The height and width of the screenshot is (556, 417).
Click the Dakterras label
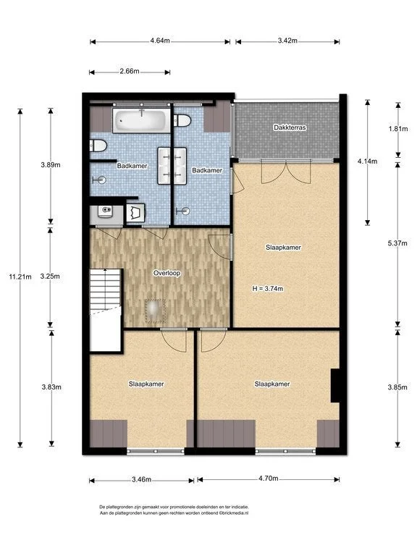point(290,127)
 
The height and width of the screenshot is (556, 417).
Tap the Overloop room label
point(167,274)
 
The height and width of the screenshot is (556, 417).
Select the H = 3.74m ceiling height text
point(268,289)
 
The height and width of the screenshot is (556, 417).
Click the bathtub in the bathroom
point(141,121)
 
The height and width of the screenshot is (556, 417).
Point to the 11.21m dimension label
point(20,277)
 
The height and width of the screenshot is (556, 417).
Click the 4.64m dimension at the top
point(160,41)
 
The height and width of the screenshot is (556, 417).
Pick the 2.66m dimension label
point(130,71)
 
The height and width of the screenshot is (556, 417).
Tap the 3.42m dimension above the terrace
point(287,41)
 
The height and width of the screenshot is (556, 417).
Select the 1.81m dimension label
point(398,129)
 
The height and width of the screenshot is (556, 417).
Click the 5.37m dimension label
point(397,243)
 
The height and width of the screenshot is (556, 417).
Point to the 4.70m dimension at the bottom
point(268,479)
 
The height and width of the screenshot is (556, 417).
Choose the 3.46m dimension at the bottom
point(141,480)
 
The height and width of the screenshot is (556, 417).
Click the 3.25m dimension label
point(50,277)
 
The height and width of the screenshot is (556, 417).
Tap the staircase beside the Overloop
point(106,311)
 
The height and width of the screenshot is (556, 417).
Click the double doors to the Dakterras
point(286,172)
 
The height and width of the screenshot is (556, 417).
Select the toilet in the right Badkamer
point(182,121)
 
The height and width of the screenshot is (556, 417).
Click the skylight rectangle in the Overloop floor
point(156,311)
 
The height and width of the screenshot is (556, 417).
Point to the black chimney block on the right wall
point(335,385)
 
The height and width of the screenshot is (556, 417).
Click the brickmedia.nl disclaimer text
point(174,510)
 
